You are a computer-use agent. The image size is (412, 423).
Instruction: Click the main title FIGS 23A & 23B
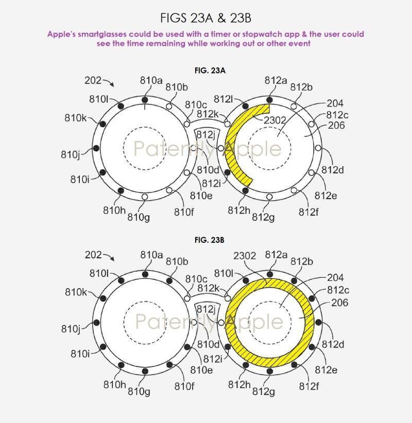click(205, 18)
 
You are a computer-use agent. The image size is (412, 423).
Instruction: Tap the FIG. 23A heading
click(210, 70)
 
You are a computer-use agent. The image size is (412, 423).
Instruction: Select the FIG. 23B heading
click(210, 240)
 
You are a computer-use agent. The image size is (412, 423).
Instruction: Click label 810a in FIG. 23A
click(151, 80)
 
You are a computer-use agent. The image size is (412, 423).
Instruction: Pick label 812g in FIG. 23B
click(264, 392)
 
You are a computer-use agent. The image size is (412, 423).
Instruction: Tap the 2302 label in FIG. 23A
click(274, 120)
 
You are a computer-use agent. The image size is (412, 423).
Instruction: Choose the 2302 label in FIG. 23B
click(245, 256)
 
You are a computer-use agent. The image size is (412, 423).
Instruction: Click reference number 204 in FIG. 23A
click(335, 103)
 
